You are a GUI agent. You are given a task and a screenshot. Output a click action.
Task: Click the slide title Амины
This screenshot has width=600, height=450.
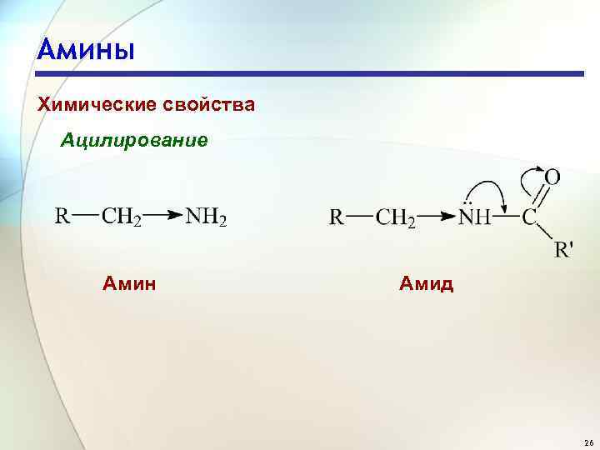pyautogui.click(x=85, y=50)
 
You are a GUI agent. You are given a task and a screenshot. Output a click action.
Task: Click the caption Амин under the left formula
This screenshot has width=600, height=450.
pyautogui.click(x=129, y=283)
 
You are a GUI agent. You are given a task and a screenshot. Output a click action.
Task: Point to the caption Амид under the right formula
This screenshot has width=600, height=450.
pyautogui.click(x=426, y=284)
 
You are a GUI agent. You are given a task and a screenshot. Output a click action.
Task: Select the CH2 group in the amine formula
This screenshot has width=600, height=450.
pyautogui.click(x=121, y=217)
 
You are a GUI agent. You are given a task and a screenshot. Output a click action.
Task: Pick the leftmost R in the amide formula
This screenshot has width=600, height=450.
pyautogui.click(x=337, y=217)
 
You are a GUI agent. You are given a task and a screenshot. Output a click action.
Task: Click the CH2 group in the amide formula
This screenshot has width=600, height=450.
pyautogui.click(x=396, y=218)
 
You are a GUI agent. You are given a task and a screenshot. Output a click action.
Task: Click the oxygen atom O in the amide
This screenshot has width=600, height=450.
pyautogui.click(x=552, y=177)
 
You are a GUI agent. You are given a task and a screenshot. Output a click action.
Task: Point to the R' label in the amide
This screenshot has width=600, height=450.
pyautogui.click(x=564, y=248)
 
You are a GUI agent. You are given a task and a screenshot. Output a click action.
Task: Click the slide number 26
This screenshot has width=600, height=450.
pyautogui.click(x=588, y=441)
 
